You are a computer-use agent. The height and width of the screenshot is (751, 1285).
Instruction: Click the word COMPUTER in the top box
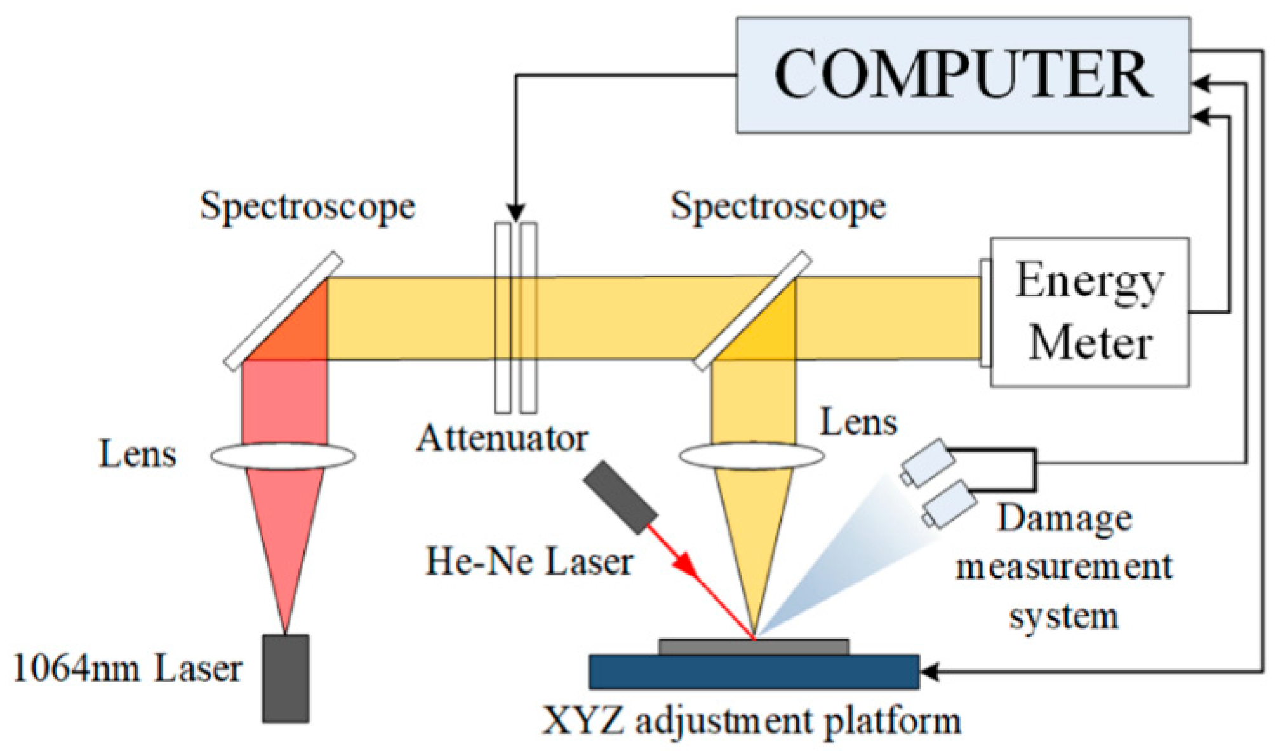(x=962, y=74)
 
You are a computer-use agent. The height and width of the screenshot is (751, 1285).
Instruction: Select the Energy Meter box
(x=1089, y=312)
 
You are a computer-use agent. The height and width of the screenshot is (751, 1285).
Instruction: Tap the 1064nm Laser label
(x=128, y=669)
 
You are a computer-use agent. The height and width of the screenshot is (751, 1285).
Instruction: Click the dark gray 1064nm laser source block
(x=286, y=678)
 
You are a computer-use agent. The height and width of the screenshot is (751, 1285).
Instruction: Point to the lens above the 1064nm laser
(x=283, y=455)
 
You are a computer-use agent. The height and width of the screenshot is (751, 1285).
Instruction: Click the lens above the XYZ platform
(x=752, y=455)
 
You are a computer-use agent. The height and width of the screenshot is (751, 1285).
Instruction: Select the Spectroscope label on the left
(x=307, y=206)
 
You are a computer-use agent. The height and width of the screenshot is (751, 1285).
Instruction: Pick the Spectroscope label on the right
(x=778, y=206)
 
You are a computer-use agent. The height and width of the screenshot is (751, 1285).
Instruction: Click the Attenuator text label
(x=502, y=438)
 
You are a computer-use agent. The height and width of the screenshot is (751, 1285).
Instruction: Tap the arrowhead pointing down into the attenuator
(x=516, y=213)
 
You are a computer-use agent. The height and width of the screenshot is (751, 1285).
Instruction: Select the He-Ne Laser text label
(x=529, y=562)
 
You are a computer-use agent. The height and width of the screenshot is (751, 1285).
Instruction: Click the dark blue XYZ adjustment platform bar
(x=754, y=671)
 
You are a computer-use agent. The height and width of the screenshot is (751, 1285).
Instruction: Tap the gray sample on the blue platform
(x=754, y=646)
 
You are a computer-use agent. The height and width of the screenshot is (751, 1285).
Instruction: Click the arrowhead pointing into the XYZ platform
(x=929, y=671)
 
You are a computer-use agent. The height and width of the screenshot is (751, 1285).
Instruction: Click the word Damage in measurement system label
(x=1064, y=518)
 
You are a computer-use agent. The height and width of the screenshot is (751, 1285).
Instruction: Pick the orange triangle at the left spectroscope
(x=298, y=330)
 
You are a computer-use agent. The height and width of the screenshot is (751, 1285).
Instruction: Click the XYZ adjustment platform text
(x=751, y=722)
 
